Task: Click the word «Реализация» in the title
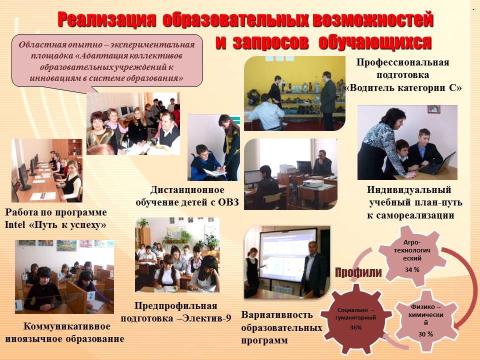106,19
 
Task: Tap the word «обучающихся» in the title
375,42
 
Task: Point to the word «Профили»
358,272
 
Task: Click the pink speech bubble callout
107,61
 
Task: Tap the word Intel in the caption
15,225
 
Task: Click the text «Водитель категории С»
403,88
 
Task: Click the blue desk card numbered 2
90,296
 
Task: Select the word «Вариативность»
277,315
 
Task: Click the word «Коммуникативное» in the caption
66,326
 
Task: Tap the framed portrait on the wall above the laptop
434,109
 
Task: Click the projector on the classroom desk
313,183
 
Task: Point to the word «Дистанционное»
187,190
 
